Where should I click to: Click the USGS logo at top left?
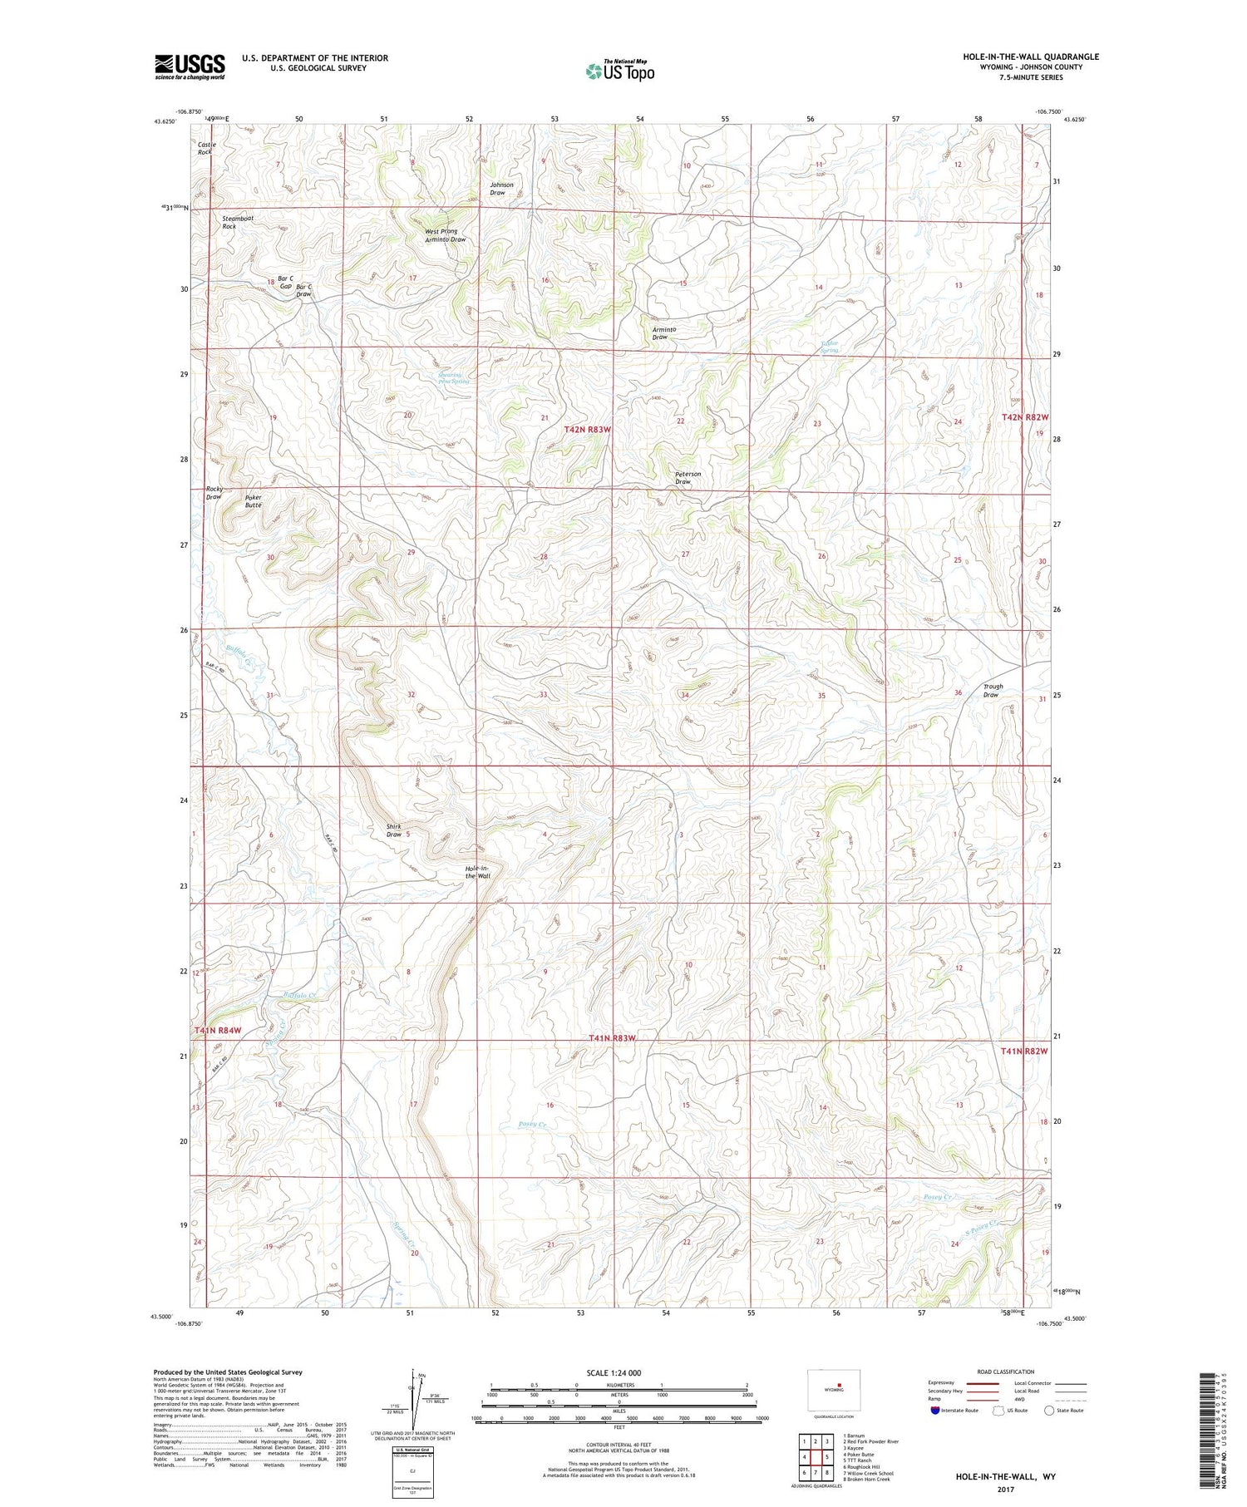(x=190, y=66)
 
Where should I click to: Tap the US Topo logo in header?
(x=619, y=71)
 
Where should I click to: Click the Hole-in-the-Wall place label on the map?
(x=477, y=872)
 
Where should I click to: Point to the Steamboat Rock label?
(x=237, y=222)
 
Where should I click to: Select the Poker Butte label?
(x=254, y=501)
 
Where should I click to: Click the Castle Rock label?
(x=206, y=148)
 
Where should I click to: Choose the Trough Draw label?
(x=993, y=690)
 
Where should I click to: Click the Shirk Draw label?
(x=393, y=830)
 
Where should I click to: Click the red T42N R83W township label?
(x=587, y=430)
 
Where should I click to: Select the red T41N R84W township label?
(x=218, y=1031)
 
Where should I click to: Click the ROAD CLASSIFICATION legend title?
(x=1006, y=1372)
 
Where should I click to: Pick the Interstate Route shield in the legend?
(x=935, y=1411)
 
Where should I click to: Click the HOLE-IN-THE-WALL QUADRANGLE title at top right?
(x=1030, y=57)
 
